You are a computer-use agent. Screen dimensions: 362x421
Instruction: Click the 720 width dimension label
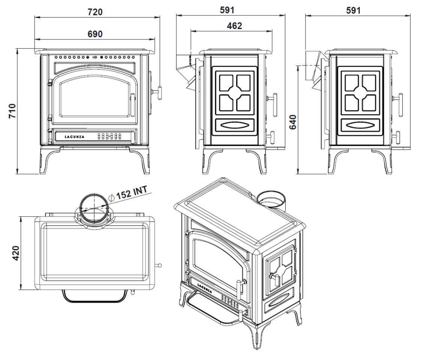point(95,12)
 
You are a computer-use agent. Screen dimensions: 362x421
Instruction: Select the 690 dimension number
point(95,34)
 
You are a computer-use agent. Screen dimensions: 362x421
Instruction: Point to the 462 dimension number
point(234,26)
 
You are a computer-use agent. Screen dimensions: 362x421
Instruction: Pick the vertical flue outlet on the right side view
point(312,68)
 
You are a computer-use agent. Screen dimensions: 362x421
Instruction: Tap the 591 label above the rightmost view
point(353,10)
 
